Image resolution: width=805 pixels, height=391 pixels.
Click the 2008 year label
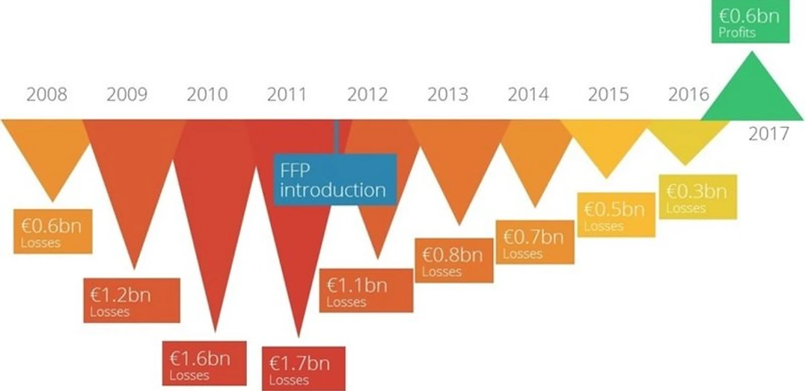pos(47,95)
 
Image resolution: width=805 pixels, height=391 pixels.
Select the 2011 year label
pos(286,95)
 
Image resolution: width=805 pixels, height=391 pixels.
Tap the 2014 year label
pos(528,95)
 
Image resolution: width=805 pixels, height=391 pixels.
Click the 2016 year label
pos(689,95)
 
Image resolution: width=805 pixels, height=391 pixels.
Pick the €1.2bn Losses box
pos(132,300)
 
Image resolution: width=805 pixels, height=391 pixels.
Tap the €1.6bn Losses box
pos(204,363)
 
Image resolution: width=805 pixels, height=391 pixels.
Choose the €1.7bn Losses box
pos(303,368)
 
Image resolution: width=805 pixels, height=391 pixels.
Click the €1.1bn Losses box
pos(366,290)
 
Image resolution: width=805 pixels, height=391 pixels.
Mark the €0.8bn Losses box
pos(454,260)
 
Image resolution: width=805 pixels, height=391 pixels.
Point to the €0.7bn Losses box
pos(535,242)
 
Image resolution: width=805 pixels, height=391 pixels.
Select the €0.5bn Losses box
pos(616,215)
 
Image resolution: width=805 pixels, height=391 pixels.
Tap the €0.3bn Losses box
pos(697,197)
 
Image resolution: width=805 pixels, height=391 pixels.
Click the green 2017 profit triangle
pos(751,94)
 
